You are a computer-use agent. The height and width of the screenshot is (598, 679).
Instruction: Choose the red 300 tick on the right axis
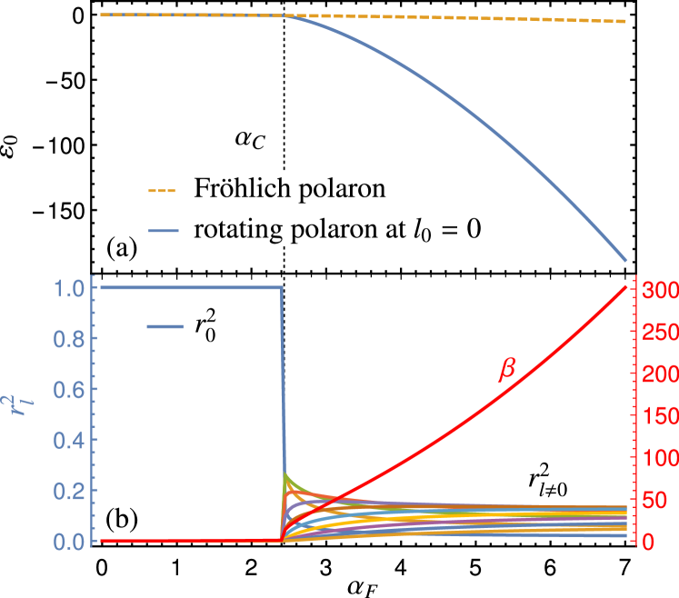pos(659,291)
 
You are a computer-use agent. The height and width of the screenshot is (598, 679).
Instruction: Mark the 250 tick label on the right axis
pos(659,333)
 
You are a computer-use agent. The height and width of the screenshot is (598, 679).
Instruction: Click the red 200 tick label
pos(659,374)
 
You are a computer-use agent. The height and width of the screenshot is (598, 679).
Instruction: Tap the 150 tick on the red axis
pos(659,416)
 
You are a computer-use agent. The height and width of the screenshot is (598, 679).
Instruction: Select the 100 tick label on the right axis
pos(659,458)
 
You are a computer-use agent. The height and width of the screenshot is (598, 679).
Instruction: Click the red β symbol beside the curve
pos(506,370)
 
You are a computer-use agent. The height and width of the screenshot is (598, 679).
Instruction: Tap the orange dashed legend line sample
pos(162,192)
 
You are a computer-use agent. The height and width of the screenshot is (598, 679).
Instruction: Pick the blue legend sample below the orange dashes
pos(164,231)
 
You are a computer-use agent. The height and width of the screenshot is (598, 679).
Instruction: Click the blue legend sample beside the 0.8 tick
pos(165,326)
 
